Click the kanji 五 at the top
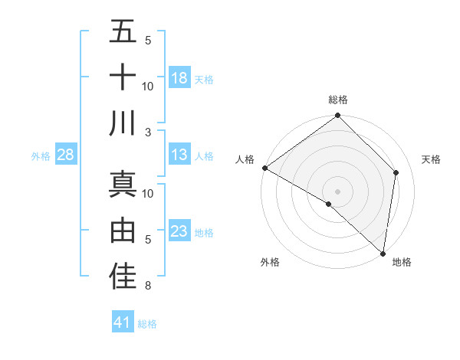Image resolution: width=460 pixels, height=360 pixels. [x=123, y=32]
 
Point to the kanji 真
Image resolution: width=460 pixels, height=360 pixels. [x=123, y=184]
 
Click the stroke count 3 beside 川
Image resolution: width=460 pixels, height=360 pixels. [x=148, y=132]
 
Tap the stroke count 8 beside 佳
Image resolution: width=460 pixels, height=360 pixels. [x=148, y=286]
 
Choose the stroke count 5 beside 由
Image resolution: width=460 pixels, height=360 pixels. [x=148, y=240]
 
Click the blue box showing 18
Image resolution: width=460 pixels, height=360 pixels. [x=179, y=77]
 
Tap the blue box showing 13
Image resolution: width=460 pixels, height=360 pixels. [x=179, y=155]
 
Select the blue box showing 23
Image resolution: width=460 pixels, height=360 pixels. [x=179, y=231]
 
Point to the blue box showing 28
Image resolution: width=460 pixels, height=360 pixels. [x=66, y=155]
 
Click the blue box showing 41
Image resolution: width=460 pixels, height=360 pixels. [x=123, y=322]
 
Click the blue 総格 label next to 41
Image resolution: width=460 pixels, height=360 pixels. [x=147, y=324]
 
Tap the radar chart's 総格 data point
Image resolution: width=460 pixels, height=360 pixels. [x=337, y=116]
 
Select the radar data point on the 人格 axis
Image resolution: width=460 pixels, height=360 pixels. [x=264, y=168]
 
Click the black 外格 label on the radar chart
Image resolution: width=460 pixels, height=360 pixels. [x=270, y=262]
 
